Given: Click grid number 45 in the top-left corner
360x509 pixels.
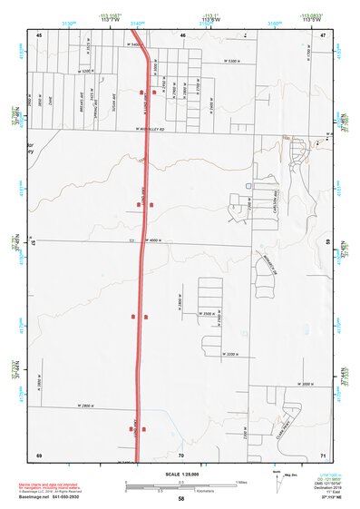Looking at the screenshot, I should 39,34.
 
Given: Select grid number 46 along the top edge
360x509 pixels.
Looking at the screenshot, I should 182,34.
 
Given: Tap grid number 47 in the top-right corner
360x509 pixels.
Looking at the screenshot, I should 323,34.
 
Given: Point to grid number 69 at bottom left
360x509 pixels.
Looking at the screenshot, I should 39,454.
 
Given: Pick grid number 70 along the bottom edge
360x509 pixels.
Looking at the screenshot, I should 181,454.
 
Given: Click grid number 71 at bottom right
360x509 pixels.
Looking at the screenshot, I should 323,454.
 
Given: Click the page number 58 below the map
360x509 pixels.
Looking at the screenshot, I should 181,499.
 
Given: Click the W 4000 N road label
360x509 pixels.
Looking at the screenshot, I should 151,240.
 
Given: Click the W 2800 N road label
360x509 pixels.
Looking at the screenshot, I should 88,406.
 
